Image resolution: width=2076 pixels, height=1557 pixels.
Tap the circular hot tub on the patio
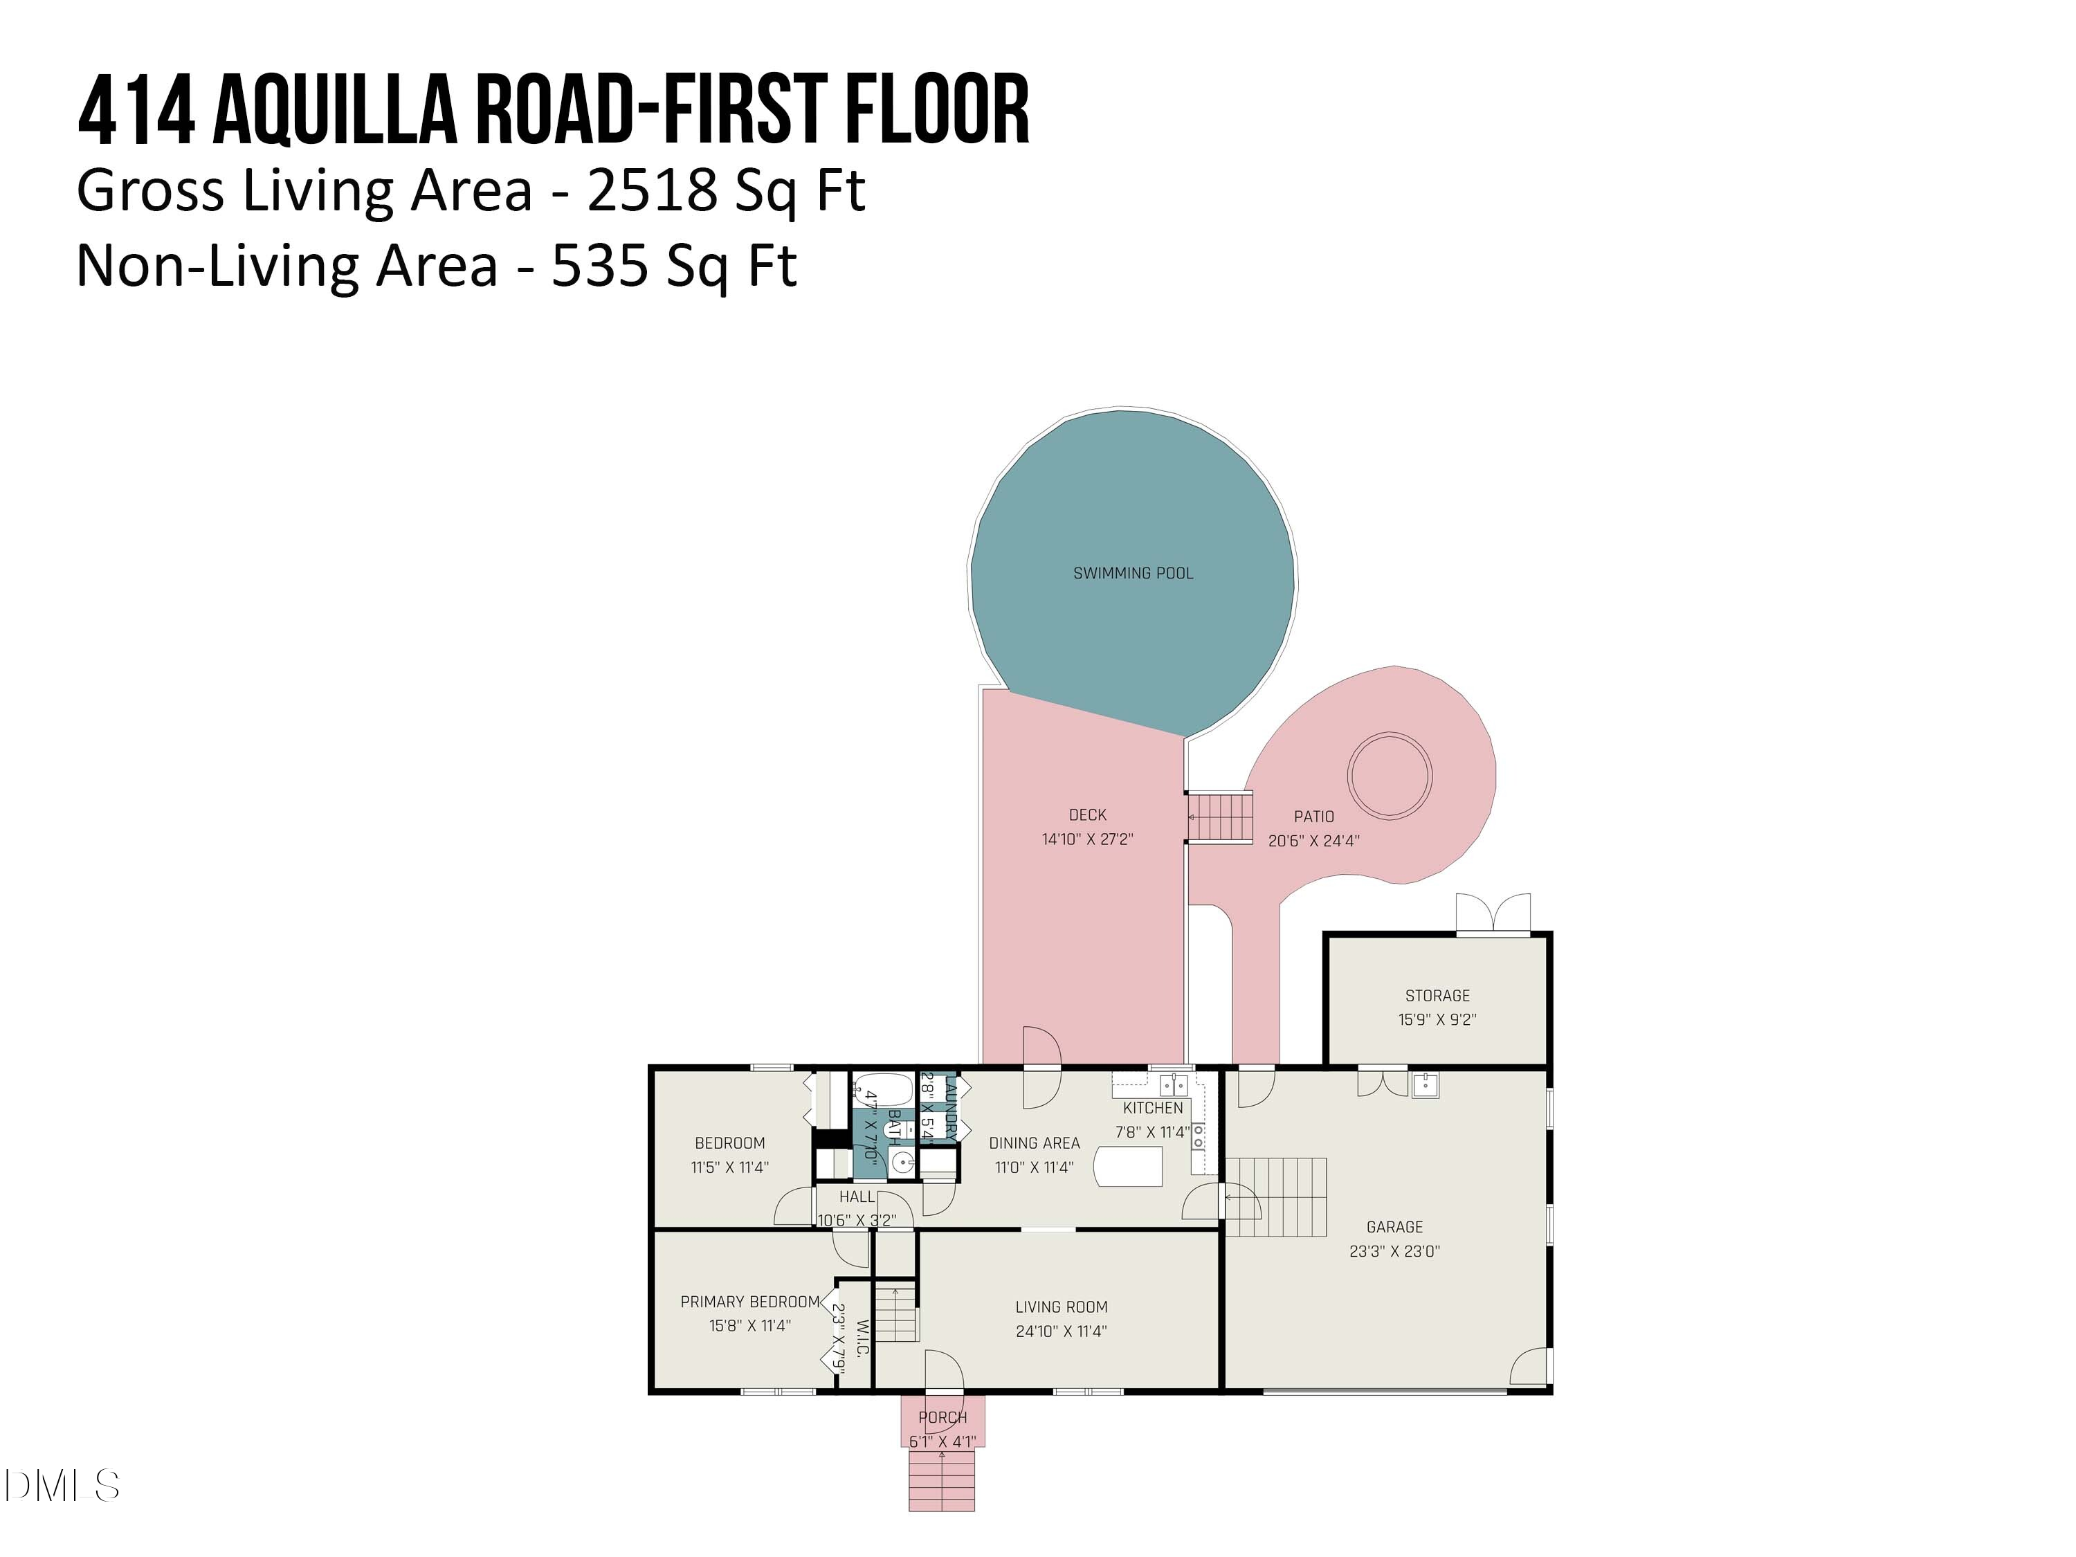[x=1389, y=775]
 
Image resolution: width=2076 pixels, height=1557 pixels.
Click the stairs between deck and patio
[x=1220, y=817]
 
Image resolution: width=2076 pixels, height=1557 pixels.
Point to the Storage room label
[x=1437, y=996]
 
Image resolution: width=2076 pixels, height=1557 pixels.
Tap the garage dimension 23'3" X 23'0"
[x=1394, y=1251]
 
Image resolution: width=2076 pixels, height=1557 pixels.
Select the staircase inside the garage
[x=1276, y=1196]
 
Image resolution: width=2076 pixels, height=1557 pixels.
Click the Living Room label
[x=1061, y=1307]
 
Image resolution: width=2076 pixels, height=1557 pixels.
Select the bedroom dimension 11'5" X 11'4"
[x=729, y=1167]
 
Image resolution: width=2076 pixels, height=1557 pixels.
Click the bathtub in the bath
[x=882, y=1091]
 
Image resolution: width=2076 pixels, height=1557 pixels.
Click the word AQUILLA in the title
[x=334, y=113]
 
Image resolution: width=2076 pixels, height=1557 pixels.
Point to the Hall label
[x=856, y=1196]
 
